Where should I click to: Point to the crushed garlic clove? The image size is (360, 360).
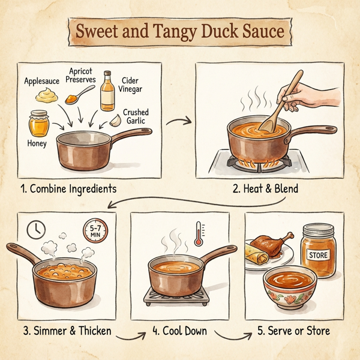(x=115, y=121)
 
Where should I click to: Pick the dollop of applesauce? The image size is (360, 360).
(x=46, y=94)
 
